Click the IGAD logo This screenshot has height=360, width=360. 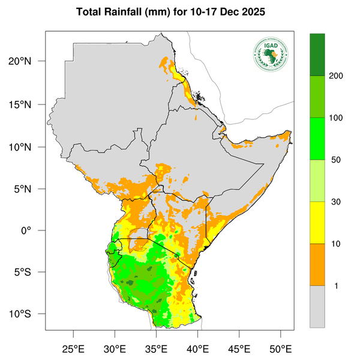pos(271,53)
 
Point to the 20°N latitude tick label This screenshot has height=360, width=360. pos(27,62)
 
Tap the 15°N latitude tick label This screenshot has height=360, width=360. pos(27,104)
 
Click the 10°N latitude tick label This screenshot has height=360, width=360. pos(27,147)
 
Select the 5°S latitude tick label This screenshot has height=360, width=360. pos(29,272)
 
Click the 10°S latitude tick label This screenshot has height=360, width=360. pos(27,314)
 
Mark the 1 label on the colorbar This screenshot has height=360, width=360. pos(336,286)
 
